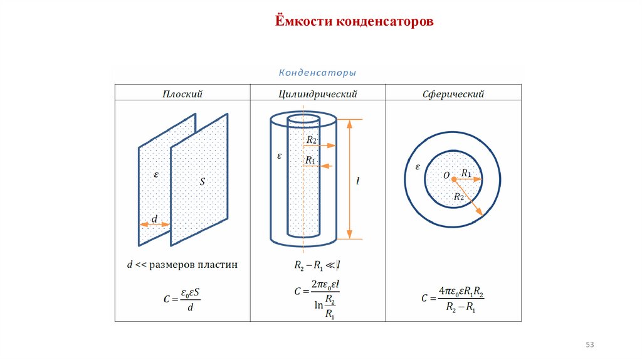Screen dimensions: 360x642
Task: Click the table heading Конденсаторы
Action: click(x=317, y=73)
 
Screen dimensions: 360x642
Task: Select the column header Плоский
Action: click(x=182, y=94)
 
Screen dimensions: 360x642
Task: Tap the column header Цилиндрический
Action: click(x=317, y=94)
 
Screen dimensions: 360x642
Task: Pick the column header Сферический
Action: click(x=453, y=94)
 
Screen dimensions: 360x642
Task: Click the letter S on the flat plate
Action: click(x=203, y=182)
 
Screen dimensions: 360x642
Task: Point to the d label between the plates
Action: click(x=154, y=219)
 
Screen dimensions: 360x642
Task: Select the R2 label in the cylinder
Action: click(x=312, y=140)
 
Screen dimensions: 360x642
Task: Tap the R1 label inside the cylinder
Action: click(x=310, y=161)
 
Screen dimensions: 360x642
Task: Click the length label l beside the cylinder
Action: click(x=357, y=181)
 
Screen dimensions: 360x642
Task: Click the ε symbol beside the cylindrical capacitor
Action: click(x=279, y=154)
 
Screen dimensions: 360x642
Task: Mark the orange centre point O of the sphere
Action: click(x=454, y=179)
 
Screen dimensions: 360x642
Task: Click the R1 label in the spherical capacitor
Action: click(x=466, y=173)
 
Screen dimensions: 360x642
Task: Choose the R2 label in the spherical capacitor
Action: click(x=459, y=197)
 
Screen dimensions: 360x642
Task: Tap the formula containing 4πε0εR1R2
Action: click(x=453, y=299)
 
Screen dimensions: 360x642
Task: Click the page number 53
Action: click(x=589, y=345)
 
